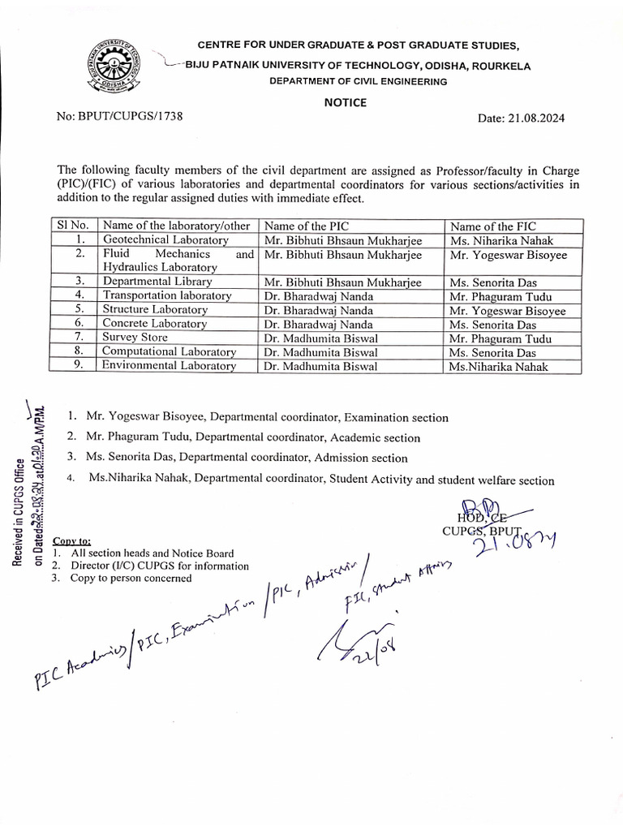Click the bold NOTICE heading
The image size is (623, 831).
(x=346, y=102)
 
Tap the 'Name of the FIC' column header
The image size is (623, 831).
(x=492, y=226)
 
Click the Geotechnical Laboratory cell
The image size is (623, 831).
(x=165, y=240)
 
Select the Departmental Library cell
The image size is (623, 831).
(x=157, y=282)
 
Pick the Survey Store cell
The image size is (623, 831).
(x=135, y=338)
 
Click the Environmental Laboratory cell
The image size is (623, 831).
(x=169, y=366)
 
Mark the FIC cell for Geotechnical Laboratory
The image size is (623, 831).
(x=499, y=240)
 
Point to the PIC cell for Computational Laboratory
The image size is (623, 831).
(x=320, y=352)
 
